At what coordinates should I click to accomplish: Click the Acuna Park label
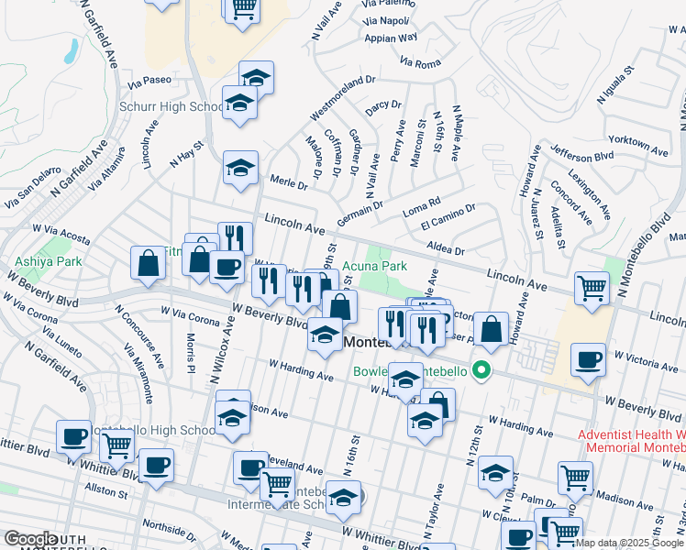click(376, 268)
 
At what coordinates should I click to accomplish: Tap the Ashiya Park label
click(49, 261)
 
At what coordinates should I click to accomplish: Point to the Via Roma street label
click(420, 62)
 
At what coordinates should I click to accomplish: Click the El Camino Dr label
click(448, 218)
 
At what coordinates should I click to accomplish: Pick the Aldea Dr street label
click(448, 249)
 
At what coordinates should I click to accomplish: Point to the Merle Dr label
click(288, 184)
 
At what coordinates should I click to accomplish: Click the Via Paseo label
click(149, 80)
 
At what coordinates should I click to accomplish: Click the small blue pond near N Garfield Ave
click(72, 50)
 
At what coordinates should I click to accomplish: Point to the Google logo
click(29, 539)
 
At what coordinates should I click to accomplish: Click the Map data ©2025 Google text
click(628, 543)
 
